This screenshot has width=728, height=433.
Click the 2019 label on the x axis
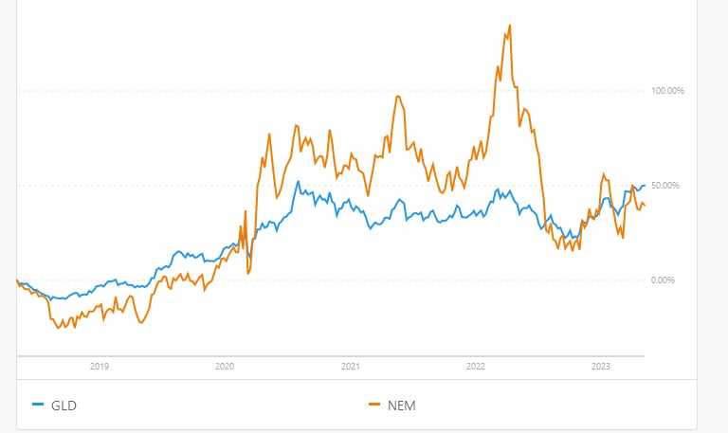pyautogui.click(x=100, y=365)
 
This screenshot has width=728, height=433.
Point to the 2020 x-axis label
pyautogui.click(x=225, y=365)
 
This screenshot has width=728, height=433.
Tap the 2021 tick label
pyautogui.click(x=350, y=365)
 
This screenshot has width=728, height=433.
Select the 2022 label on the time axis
pyautogui.click(x=475, y=365)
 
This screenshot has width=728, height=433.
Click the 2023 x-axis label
pyautogui.click(x=600, y=365)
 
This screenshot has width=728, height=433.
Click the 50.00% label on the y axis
pyautogui.click(x=666, y=185)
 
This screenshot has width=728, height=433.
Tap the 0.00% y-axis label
pyautogui.click(x=668, y=280)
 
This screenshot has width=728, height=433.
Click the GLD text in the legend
pyautogui.click(x=64, y=406)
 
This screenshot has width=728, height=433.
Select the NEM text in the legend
pyautogui.click(x=402, y=406)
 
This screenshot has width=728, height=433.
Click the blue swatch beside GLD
pyautogui.click(x=38, y=406)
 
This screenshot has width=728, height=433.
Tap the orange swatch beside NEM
pyautogui.click(x=373, y=406)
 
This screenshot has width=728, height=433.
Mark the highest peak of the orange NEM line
pyautogui.click(x=510, y=25)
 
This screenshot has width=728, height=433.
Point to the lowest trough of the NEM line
pyautogui.click(x=59, y=329)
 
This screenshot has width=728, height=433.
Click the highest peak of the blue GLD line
pyautogui.click(x=299, y=182)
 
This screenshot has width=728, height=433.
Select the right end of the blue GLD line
pyautogui.click(x=646, y=185)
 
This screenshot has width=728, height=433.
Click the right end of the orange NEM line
pyautogui.click(x=646, y=205)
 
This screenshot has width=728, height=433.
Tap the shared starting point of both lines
pyautogui.click(x=17, y=280)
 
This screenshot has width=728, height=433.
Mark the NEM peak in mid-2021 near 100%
pyautogui.click(x=398, y=96)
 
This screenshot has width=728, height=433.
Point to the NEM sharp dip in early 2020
pyautogui.click(x=248, y=273)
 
